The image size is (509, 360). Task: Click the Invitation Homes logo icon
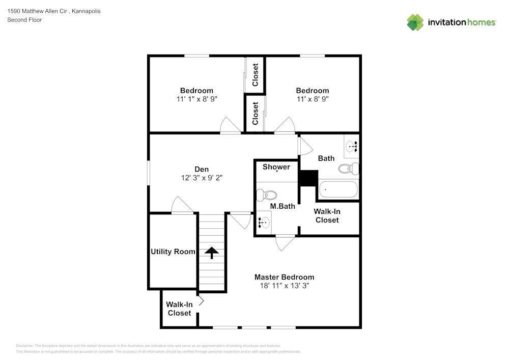coord(415,22)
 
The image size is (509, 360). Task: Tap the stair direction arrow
coord(211,252)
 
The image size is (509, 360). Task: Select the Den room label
coord(202,169)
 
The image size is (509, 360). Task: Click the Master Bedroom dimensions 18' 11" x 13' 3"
coord(284,286)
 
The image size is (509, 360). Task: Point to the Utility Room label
coord(173,252)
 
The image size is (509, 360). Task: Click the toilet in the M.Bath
coord(267,195)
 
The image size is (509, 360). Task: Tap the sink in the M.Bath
coord(264,222)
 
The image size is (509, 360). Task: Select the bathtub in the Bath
coord(338,190)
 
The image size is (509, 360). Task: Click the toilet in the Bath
coord(349,169)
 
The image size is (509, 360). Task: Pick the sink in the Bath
coord(351,146)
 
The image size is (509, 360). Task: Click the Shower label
coord(276,167)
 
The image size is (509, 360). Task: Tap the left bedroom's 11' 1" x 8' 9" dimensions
coord(196,99)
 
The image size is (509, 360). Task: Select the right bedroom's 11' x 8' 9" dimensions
coord(313,99)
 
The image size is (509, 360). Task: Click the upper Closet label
coord(255,75)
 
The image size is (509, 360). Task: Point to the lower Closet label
coord(255,113)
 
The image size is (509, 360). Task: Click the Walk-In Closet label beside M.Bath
coord(327,215)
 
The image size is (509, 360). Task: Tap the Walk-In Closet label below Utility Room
coord(179,309)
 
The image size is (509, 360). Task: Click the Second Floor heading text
coord(24,20)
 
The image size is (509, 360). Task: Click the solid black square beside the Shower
coord(308,178)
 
